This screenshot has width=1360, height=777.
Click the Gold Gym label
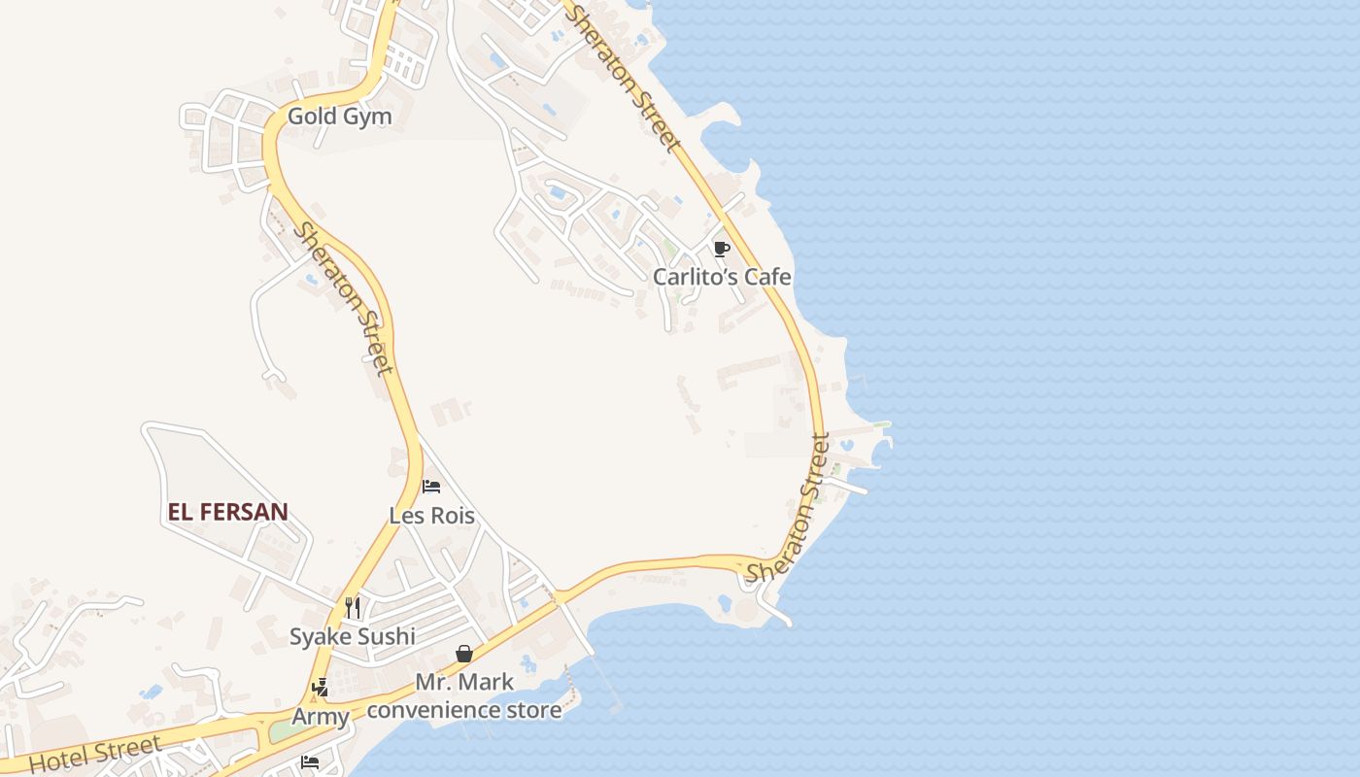coord(339,117)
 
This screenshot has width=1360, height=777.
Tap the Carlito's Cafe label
coord(722,277)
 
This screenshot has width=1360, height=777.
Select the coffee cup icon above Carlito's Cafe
coord(721,249)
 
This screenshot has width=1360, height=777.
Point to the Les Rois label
coord(431,515)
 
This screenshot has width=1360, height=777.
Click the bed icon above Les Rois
coord(431,486)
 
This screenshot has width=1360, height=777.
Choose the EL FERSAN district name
coord(227,512)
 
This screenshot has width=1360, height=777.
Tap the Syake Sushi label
coord(352,637)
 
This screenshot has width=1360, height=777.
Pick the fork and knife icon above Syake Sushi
coord(353,608)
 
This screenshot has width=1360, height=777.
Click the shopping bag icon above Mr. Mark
coord(464,654)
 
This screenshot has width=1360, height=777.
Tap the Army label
coord(321,718)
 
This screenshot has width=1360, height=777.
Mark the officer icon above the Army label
coord(320,689)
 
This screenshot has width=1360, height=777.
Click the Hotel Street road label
coord(94,755)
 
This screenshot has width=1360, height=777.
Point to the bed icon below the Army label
coord(310,761)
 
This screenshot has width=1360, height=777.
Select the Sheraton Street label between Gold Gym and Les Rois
coord(345,298)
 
